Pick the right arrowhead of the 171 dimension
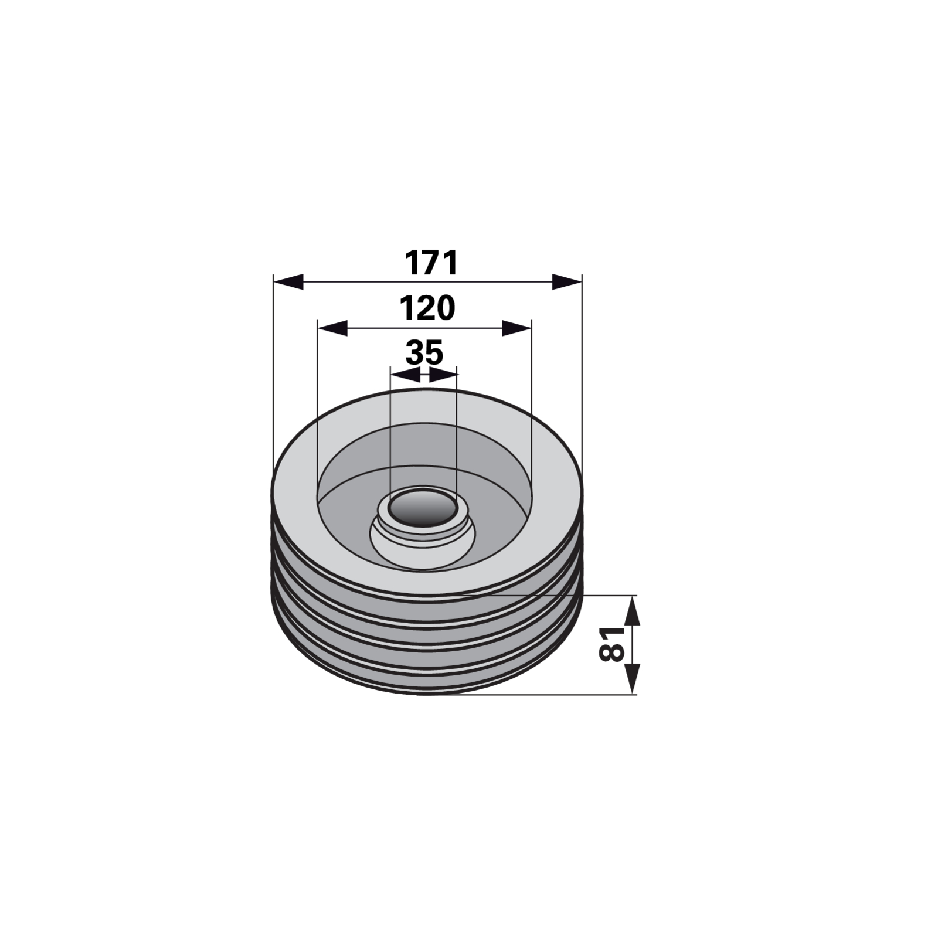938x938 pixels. point(567,281)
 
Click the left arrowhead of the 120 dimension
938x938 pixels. point(332,328)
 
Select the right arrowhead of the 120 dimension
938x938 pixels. point(516,328)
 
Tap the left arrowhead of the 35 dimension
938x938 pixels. point(406,375)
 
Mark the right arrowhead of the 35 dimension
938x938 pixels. point(443,375)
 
